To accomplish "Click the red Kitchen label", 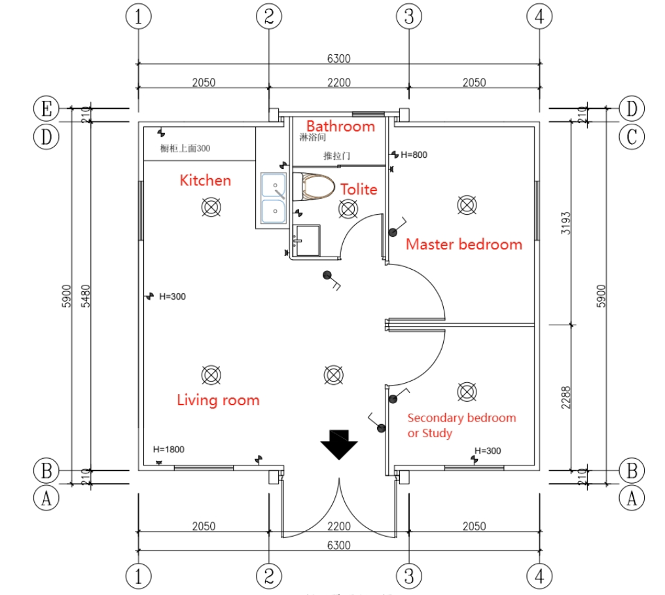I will click(x=206, y=180).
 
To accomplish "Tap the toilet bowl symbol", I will click(x=312, y=187).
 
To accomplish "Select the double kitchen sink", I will click(x=272, y=198).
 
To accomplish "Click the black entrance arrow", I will click(x=338, y=445).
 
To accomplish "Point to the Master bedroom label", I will click(x=464, y=244).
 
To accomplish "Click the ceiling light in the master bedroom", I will click(x=466, y=205).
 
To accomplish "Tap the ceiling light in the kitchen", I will click(x=211, y=207).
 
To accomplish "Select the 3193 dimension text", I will click(x=566, y=224).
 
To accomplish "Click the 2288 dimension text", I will click(x=566, y=397).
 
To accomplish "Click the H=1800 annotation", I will click(x=168, y=449).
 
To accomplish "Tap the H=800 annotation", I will click(x=414, y=154).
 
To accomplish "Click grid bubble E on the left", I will click(x=46, y=108).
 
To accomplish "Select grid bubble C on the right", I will click(x=631, y=137).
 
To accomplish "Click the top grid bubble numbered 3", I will click(x=409, y=17).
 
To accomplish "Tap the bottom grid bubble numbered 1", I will click(x=138, y=577).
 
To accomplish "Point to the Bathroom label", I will click(x=340, y=126).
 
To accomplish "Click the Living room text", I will click(x=218, y=400).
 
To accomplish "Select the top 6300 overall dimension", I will click(x=338, y=58).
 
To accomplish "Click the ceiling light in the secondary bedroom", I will click(x=466, y=391).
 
